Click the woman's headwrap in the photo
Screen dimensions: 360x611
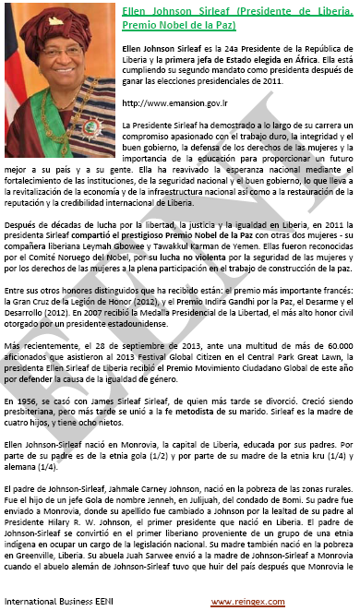click(55, 22)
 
